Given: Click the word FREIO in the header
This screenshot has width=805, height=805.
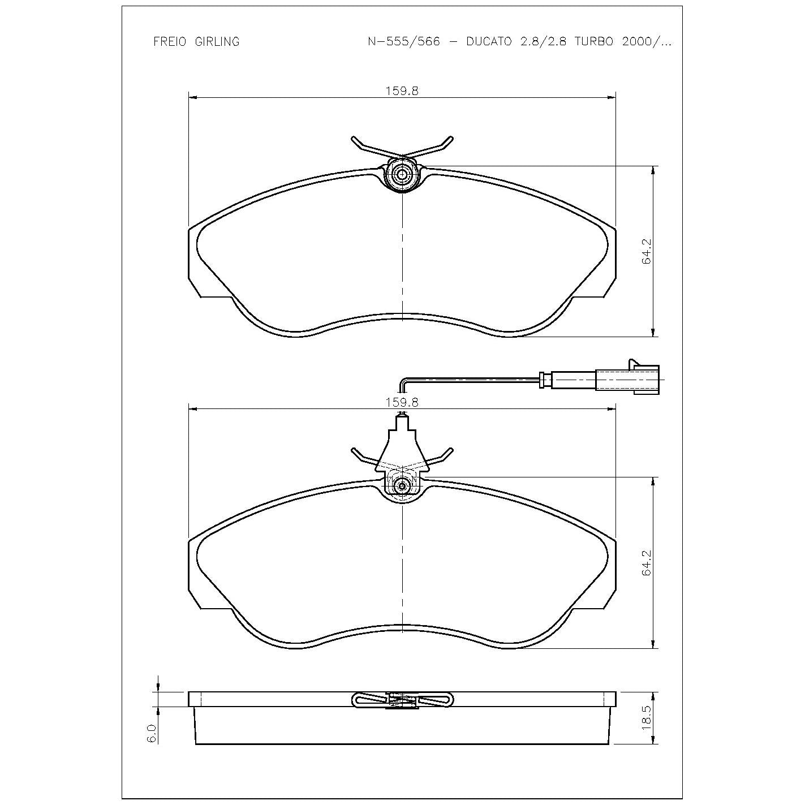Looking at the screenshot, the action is click(x=170, y=42).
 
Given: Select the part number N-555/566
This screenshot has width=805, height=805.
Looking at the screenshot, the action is click(x=403, y=42).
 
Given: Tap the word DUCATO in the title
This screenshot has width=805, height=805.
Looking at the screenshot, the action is click(x=489, y=42).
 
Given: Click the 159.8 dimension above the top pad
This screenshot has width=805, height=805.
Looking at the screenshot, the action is click(x=402, y=91).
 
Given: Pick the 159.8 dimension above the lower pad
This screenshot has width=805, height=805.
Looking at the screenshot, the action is click(x=402, y=402).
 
